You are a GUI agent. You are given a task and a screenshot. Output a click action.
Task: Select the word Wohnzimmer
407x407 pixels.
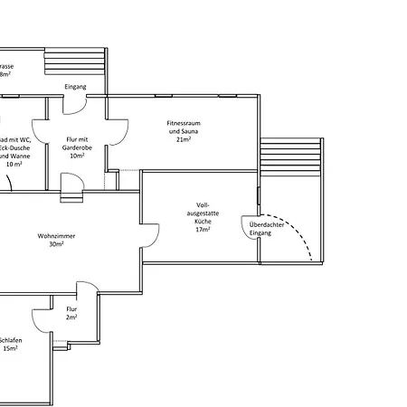(55, 235)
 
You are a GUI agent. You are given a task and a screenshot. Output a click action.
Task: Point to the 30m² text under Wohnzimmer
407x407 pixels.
(55, 244)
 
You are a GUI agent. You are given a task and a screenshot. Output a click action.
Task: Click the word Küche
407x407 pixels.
(203, 221)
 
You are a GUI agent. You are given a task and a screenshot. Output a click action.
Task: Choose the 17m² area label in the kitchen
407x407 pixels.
(203, 230)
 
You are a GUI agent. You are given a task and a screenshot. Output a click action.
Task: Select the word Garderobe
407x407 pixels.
(77, 147)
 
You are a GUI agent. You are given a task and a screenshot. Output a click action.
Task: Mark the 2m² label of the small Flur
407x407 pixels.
(71, 317)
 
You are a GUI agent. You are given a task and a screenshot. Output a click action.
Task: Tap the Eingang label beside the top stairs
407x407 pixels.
(75, 86)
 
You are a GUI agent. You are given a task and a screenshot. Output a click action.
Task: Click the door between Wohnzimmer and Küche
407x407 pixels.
(147, 238)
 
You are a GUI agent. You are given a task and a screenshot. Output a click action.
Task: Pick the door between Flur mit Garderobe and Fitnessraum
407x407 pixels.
(115, 134)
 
